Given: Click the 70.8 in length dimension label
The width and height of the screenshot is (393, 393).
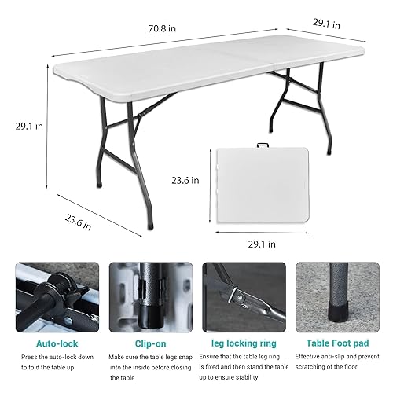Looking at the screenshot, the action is [162, 28].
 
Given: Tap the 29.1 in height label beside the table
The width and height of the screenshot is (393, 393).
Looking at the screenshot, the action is [29, 127].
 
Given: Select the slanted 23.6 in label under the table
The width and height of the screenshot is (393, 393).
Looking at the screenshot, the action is [78, 222].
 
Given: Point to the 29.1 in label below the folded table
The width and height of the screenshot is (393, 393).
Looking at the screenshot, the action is [262, 244].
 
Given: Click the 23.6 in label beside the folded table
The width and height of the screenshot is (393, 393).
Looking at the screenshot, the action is [185, 180].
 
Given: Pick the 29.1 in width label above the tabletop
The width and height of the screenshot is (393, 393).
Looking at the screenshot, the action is [326, 24].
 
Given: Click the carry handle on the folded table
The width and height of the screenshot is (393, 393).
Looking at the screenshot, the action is [263, 145].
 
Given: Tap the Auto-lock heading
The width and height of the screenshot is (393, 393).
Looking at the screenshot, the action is [57, 343].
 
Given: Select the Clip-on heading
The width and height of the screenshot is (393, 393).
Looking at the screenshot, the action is [150, 343].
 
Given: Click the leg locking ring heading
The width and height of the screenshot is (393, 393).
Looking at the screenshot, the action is [244, 343].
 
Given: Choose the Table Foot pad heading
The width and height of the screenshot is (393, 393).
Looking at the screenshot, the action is [337, 343].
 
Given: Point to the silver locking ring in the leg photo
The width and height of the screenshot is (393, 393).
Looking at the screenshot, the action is [233, 295].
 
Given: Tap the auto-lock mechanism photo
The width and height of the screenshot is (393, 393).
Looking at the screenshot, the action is [57, 297].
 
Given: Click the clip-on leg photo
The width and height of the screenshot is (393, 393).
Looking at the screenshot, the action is [151, 297].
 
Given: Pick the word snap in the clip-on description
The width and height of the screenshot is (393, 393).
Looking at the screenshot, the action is [185, 358].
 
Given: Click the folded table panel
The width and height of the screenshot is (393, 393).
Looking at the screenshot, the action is [263, 185].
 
